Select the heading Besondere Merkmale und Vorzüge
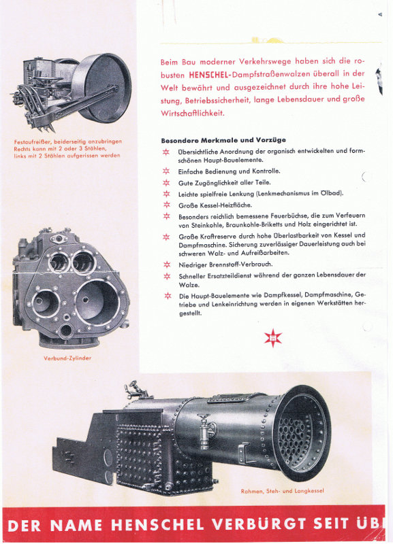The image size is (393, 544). coord(223,140)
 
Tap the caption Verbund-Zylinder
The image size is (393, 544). coord(67,358)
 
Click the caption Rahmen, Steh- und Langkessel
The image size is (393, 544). coord(282,491)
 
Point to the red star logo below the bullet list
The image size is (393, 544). coord(272,338)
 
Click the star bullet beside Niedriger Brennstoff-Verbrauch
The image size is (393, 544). coord(167,265)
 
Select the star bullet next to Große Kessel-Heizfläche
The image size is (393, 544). coord(167,205)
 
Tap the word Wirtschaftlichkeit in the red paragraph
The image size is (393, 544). coord(193,114)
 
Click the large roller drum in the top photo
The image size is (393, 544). coord(101,88)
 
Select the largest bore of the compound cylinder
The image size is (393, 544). coord(97,301)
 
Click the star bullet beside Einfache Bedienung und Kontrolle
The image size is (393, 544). coord(166,171)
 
